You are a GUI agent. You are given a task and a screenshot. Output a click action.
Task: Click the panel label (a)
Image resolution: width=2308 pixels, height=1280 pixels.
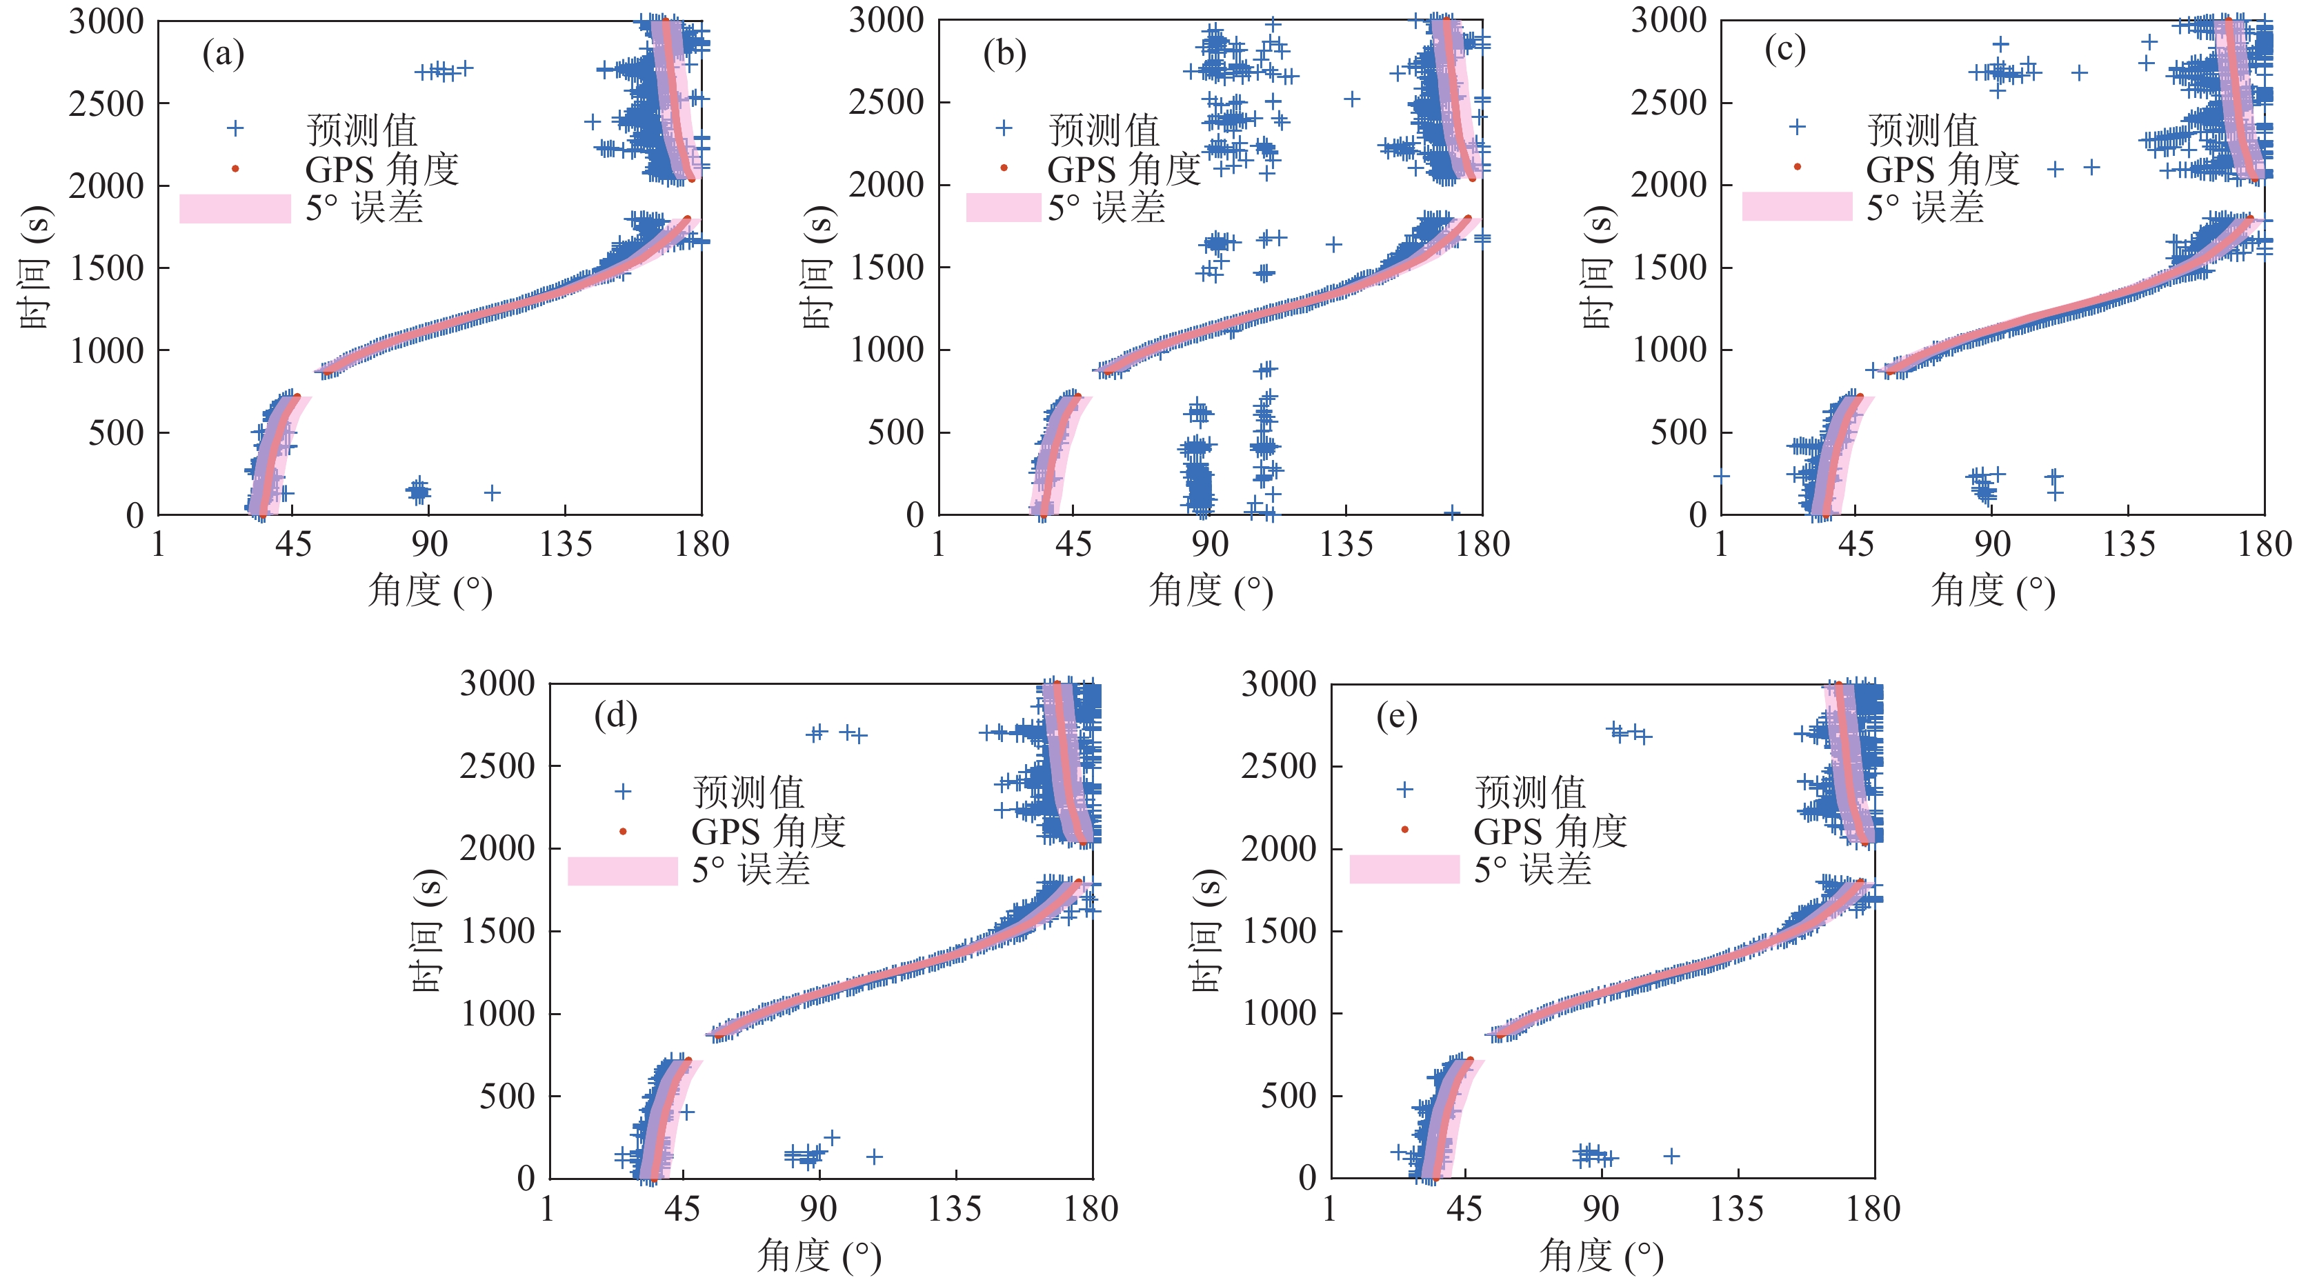point(223,54)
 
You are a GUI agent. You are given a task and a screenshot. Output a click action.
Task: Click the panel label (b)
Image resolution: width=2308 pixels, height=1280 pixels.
point(1004,54)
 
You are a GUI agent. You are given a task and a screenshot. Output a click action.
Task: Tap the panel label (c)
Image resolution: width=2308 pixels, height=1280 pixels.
point(1784,49)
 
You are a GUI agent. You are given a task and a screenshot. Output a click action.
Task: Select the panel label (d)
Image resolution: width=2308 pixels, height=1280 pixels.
point(615,716)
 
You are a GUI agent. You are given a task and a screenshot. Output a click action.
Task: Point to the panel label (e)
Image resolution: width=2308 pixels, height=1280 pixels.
point(1397,717)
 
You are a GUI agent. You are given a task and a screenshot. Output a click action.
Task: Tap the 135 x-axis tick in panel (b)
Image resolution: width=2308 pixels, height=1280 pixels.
point(1346,543)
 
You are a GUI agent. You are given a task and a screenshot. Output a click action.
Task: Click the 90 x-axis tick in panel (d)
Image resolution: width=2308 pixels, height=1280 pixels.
point(818,1208)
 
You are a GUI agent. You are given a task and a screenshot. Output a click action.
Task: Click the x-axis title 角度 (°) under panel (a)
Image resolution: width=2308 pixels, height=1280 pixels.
point(430,591)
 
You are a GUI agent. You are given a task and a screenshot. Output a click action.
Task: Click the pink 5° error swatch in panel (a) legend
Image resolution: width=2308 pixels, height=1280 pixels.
point(235,208)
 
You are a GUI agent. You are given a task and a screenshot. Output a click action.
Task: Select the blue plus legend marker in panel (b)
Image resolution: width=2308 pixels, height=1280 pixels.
point(1004,128)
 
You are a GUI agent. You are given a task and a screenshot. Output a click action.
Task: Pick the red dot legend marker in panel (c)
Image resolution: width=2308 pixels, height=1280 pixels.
point(1796,167)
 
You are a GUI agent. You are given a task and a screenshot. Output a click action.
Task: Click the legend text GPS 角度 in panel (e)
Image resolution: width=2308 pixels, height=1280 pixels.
point(1549,831)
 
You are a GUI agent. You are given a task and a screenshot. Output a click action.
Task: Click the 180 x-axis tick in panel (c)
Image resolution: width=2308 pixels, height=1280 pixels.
point(2264,543)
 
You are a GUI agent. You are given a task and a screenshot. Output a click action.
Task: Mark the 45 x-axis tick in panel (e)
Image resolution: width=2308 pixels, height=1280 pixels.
point(1464,1208)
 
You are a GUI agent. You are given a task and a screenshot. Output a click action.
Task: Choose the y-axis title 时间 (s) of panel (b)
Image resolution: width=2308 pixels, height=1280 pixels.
point(818,267)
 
